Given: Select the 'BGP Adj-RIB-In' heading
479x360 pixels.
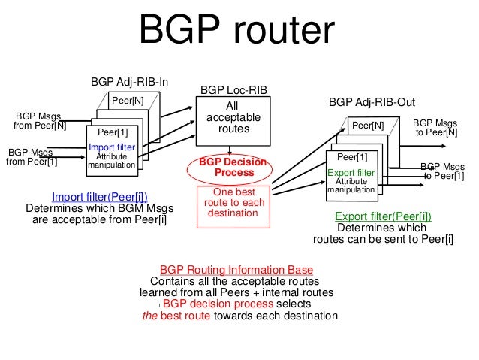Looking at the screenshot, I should coord(124,81).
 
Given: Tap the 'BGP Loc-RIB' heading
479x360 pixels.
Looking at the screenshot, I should coord(232,90).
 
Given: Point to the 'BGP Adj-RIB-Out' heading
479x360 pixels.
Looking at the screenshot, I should coord(372,101).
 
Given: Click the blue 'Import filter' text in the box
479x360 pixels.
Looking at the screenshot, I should coord(112,147).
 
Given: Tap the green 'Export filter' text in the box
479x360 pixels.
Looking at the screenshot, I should coord(351,172).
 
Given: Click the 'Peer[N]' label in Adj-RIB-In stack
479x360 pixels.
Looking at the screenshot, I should coord(128,100).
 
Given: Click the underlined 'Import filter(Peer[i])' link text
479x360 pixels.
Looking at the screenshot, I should coord(95,197).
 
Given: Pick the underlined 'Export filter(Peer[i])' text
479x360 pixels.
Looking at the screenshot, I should coord(382,217).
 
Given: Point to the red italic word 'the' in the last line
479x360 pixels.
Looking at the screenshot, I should coord(151,316).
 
